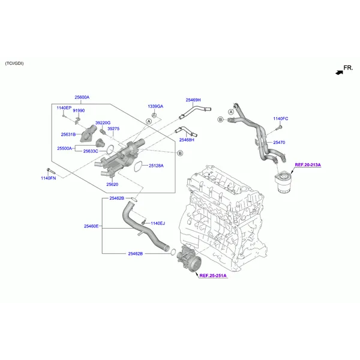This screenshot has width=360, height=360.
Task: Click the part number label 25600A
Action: pos(82,97)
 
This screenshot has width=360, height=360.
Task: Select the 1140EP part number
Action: pos(64,107)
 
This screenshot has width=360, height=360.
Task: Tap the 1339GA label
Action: pos(155,106)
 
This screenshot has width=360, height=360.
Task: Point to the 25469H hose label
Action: pos(193,100)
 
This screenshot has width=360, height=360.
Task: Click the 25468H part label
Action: pos(187,140)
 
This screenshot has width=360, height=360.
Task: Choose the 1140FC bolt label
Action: pos(281,119)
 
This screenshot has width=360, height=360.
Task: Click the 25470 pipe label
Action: pos(279,143)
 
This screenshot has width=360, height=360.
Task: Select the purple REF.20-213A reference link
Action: pos(308,165)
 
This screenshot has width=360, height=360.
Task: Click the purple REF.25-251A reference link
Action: pos(213,275)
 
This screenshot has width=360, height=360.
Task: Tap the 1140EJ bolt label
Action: pos(158,223)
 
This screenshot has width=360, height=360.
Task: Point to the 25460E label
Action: pos(91,226)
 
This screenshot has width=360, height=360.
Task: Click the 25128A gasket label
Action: pos(156,166)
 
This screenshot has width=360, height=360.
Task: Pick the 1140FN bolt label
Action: pos(49,178)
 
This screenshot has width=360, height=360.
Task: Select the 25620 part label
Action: pos(112,184)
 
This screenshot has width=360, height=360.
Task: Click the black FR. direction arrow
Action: pos(339,73)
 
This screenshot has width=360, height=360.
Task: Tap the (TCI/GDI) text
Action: pos(14,64)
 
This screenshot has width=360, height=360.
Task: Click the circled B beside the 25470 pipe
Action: pos(220,119)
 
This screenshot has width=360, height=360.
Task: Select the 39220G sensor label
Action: pos(103,123)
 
